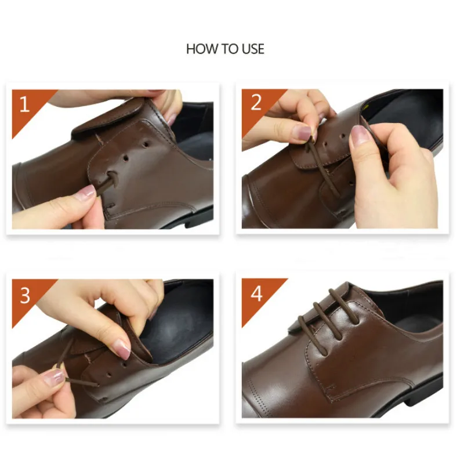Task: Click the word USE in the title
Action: tap(253, 49)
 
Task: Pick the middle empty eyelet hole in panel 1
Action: tap(126, 158)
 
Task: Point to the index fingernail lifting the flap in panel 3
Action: tap(122, 349)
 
